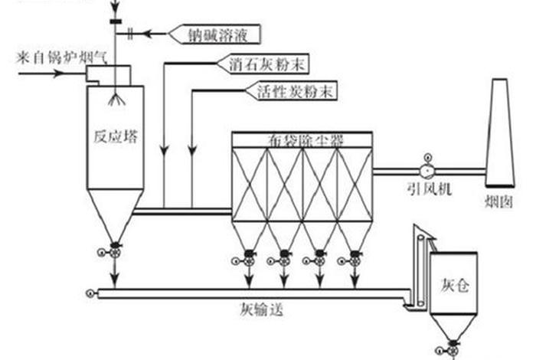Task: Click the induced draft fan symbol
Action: pyautogui.click(x=427, y=170)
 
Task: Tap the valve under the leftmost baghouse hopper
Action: pyautogui.click(x=249, y=259)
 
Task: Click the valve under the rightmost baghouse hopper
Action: pyautogui.click(x=355, y=259)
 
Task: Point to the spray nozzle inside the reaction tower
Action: pyautogui.click(x=117, y=99)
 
